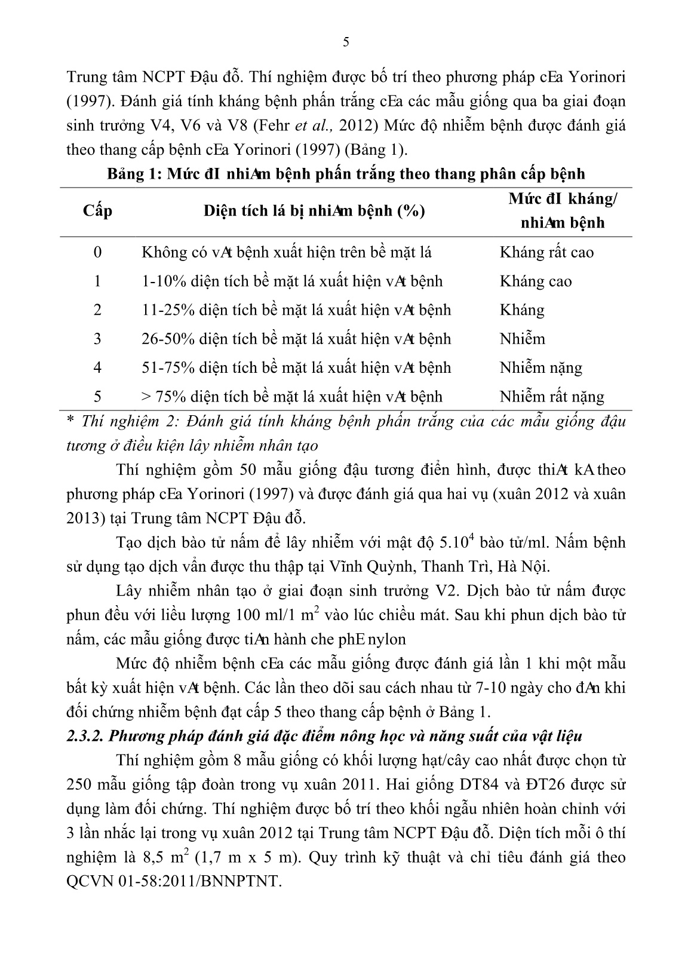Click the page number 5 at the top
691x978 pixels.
coord(346,41)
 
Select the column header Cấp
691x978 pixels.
coord(98,210)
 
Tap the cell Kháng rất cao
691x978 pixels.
coord(546,252)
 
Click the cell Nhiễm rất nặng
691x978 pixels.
coord(551,396)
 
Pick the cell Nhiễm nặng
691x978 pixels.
coord(540,367)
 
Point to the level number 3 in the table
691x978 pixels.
coord(98,339)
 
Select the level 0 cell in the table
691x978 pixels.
coord(98,252)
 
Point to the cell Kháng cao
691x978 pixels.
coord(535,281)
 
